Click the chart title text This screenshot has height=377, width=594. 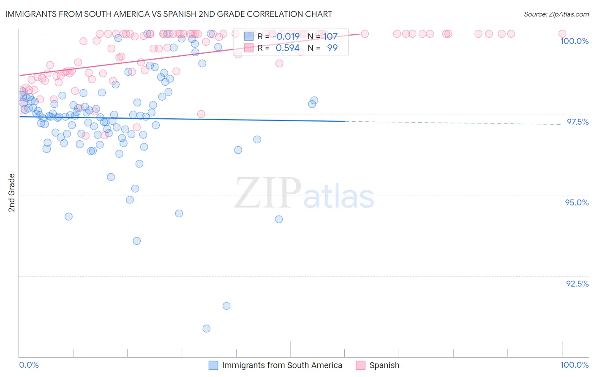[x=169, y=14]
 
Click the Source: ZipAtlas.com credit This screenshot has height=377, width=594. [x=556, y=14]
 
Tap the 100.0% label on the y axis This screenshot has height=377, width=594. [x=574, y=41]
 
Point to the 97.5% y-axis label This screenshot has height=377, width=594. [x=577, y=122]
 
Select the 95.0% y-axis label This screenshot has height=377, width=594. [x=577, y=202]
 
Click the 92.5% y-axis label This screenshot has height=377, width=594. [x=577, y=284]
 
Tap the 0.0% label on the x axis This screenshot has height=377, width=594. [x=29, y=365]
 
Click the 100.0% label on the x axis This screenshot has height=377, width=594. [x=574, y=365]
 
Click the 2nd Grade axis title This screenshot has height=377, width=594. [x=12, y=193]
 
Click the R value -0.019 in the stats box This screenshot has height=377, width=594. [x=286, y=37]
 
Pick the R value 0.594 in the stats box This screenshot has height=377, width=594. [x=287, y=48]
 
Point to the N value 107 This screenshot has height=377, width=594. [x=330, y=37]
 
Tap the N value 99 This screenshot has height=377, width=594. [x=332, y=48]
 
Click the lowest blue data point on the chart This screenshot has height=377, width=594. [x=206, y=328]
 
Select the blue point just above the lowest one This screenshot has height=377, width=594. [x=226, y=306]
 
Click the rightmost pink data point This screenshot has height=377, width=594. [x=562, y=34]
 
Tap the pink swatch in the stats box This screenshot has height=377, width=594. [x=249, y=48]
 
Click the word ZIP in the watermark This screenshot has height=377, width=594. [x=268, y=193]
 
